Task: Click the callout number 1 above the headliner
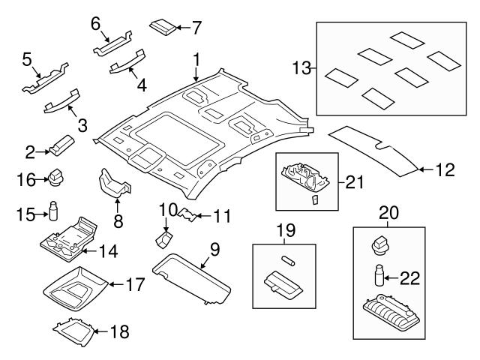point(196,58)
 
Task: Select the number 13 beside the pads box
point(301,70)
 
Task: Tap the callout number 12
point(445,171)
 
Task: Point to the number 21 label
point(354,181)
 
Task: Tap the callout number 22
point(409,279)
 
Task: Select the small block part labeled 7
point(164,27)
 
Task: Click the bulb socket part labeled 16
point(58,178)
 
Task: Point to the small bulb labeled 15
point(54,211)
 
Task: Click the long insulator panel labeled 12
point(375,151)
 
